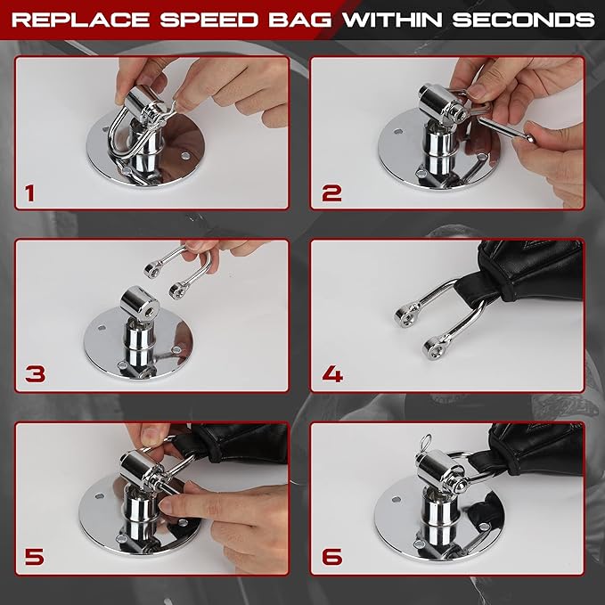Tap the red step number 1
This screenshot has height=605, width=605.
[x=33, y=190]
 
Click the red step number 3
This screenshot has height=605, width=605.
[x=35, y=372]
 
